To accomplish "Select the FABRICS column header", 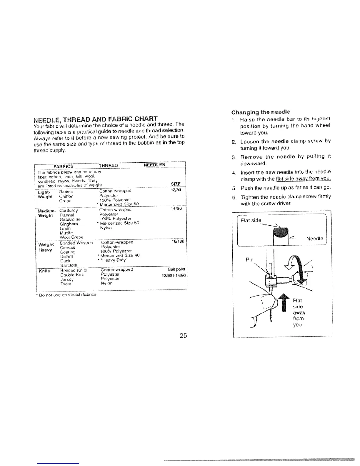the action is tap(64, 165).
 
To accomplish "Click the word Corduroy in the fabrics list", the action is tap(68, 210).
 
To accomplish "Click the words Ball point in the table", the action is tap(177, 270).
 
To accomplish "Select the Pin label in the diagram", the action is tap(249, 260).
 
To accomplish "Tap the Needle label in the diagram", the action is tap(314, 239).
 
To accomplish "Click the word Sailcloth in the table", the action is tap(69, 265).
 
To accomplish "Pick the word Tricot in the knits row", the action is tap(65, 284).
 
